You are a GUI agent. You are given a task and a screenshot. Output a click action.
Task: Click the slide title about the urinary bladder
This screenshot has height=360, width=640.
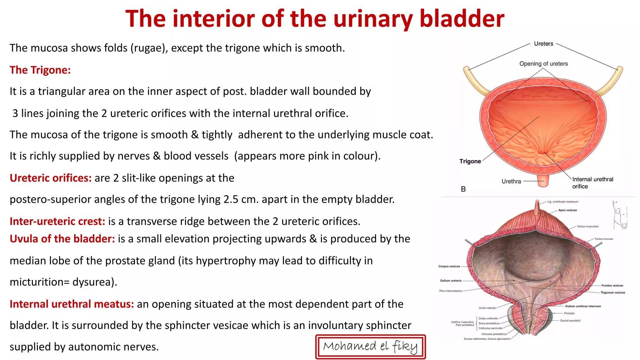(x=315, y=19)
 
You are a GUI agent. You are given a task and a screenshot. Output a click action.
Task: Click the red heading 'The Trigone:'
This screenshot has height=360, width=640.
(x=40, y=70)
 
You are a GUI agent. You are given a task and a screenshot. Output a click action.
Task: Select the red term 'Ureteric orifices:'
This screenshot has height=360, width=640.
(x=51, y=178)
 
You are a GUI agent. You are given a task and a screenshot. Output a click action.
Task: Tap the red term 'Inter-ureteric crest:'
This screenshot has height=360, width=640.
(x=57, y=221)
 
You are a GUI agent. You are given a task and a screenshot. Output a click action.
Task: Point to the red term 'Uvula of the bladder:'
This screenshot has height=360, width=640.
(x=62, y=239)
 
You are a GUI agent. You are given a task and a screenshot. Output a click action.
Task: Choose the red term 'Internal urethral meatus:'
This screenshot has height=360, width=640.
(x=72, y=304)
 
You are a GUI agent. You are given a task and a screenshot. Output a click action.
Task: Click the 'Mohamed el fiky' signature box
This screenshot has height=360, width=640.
(x=370, y=347)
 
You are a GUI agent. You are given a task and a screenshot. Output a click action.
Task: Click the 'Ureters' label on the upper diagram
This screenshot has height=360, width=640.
(x=543, y=44)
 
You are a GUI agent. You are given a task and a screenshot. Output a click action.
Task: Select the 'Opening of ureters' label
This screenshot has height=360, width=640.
(x=543, y=64)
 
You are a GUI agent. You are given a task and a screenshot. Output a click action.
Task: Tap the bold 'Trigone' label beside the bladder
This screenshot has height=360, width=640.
(x=470, y=161)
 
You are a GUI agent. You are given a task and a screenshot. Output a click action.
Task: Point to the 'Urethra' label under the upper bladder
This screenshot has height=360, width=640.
(x=511, y=181)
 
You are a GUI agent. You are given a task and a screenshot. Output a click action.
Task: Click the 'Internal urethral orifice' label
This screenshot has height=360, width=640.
(x=592, y=182)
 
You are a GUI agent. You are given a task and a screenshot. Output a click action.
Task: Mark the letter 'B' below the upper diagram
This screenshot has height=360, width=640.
(x=463, y=189)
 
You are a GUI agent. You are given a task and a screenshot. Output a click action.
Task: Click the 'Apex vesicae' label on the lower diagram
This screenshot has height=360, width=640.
(x=567, y=210)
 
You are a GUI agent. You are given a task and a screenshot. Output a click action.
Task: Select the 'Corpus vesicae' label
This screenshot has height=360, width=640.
(x=449, y=267)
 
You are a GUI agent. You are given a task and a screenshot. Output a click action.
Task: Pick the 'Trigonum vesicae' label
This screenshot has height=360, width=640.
(x=612, y=293)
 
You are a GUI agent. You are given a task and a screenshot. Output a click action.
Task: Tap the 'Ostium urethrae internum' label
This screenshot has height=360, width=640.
(x=583, y=306)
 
